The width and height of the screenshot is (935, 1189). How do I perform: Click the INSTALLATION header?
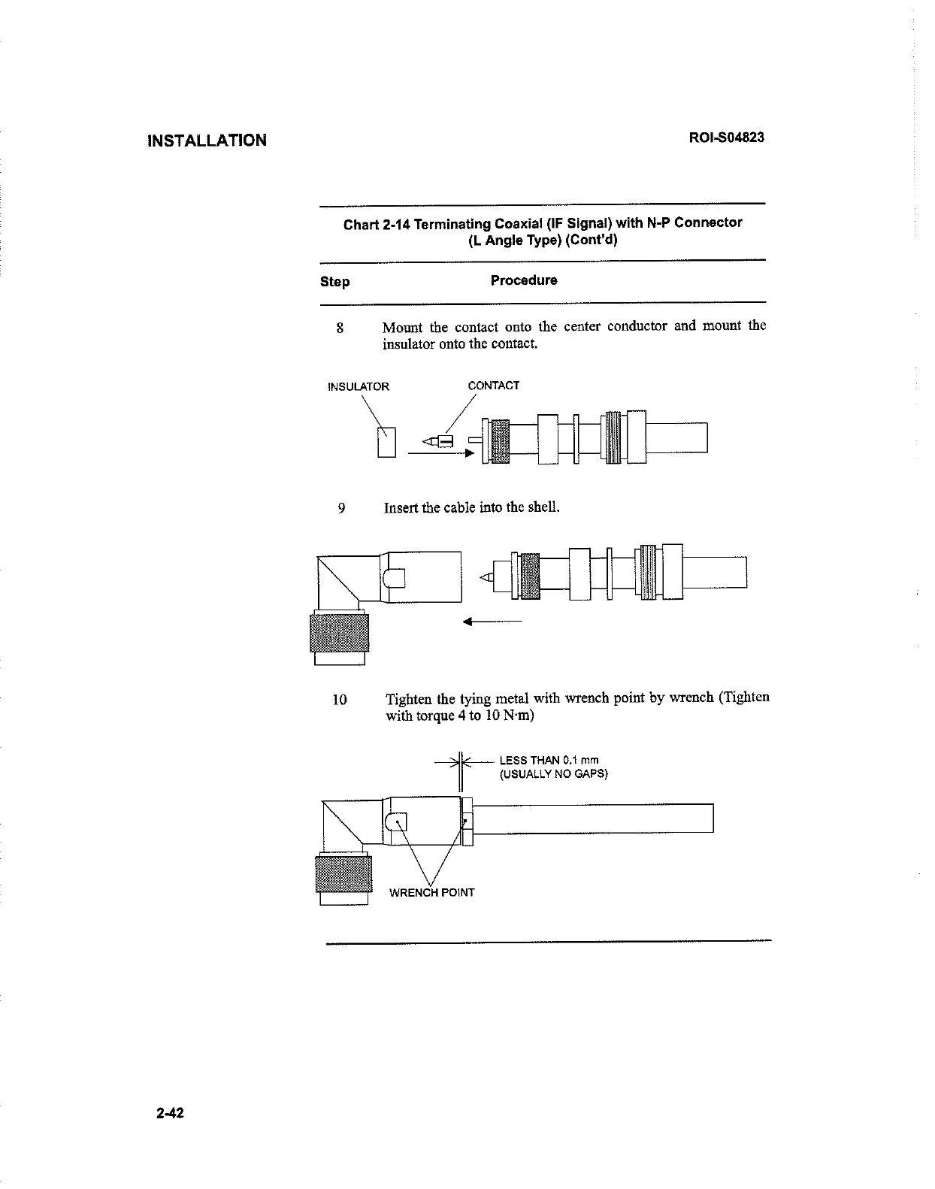tap(207, 141)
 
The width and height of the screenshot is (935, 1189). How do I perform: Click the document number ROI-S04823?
tap(727, 138)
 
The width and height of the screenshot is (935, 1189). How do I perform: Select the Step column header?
tap(334, 282)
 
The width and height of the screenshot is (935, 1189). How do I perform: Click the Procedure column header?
tap(524, 280)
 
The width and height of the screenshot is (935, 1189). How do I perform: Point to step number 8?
tap(340, 328)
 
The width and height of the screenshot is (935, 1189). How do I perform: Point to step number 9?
tap(341, 508)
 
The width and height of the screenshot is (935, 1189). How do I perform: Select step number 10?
tap(339, 700)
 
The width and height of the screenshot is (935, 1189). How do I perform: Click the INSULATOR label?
tap(359, 387)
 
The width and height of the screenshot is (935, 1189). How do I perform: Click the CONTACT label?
tap(493, 386)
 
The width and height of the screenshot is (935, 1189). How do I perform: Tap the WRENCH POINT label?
tap(431, 893)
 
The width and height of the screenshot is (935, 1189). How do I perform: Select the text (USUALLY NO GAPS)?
tap(553, 774)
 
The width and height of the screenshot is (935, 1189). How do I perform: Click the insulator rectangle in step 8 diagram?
tap(386, 441)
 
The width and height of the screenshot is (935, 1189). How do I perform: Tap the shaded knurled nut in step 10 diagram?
tap(343, 873)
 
